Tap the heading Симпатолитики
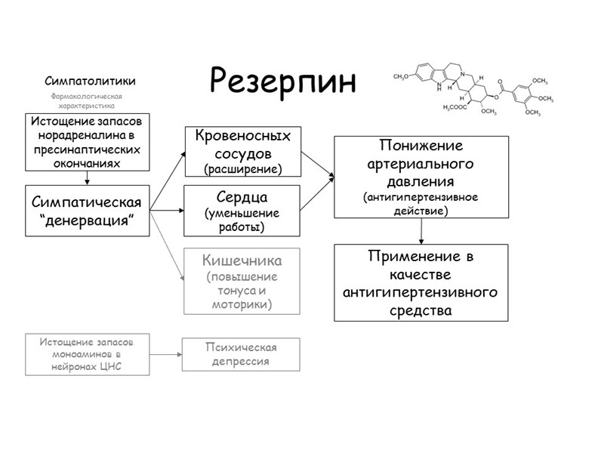[x=90, y=81]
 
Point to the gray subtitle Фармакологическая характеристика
[x=85, y=101]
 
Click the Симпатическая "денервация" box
[x=88, y=211]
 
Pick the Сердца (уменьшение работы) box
[x=242, y=211]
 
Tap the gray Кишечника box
[x=242, y=282]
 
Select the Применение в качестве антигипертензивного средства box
[x=421, y=283]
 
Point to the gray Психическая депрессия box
[x=241, y=354]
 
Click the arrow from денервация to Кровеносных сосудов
[x=167, y=181]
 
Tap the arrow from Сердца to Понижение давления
[x=317, y=194]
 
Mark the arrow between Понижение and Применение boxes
[x=420, y=230]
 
